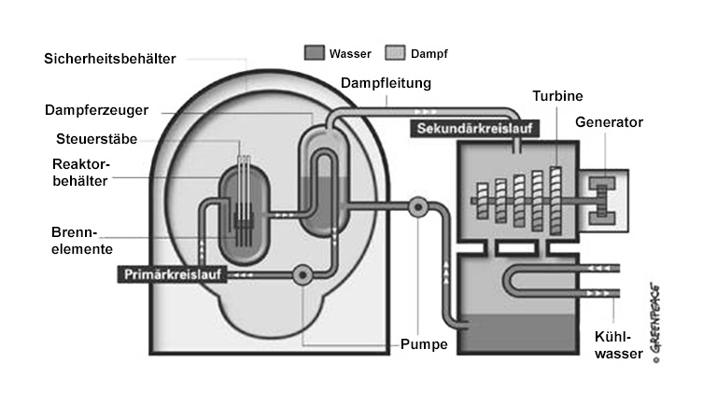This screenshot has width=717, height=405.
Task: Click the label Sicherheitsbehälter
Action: pos(109,59)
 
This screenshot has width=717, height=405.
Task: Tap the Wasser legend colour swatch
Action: pos(315,52)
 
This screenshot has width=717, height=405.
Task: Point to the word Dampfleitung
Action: pos(386,83)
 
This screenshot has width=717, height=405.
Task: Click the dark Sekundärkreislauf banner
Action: pos(464,128)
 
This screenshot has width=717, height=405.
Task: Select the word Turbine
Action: pos(558,96)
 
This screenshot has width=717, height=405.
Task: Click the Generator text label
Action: pos(609,122)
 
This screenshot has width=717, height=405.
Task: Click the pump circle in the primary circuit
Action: pos(302,274)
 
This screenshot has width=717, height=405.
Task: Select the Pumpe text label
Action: pos(425,345)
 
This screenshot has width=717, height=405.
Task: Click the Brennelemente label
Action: pos(82,240)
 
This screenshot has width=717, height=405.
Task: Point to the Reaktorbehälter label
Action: pos(79,173)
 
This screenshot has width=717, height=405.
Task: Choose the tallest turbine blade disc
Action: pos(556,199)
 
